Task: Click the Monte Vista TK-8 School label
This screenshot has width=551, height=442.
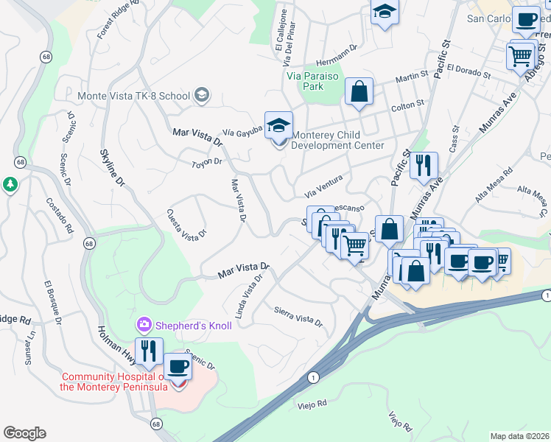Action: [133, 96]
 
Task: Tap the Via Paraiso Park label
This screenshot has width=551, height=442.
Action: [304, 80]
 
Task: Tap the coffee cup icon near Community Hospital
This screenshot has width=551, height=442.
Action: [177, 365]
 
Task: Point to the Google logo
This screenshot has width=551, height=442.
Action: [24, 433]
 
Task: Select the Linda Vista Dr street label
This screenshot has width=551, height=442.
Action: [248, 297]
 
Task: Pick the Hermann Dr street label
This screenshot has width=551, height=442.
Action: [336, 46]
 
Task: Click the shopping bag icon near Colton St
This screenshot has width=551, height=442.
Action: [359, 92]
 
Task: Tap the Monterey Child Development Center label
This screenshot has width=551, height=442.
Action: [337, 140]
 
